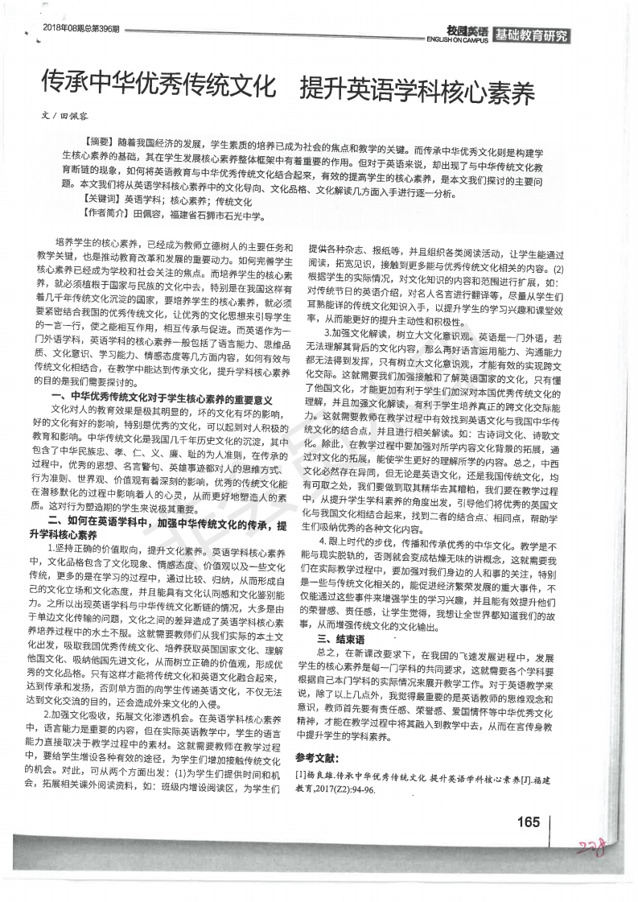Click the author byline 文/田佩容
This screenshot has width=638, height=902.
[x=61, y=115]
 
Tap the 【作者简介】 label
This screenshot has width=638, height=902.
[x=105, y=215]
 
